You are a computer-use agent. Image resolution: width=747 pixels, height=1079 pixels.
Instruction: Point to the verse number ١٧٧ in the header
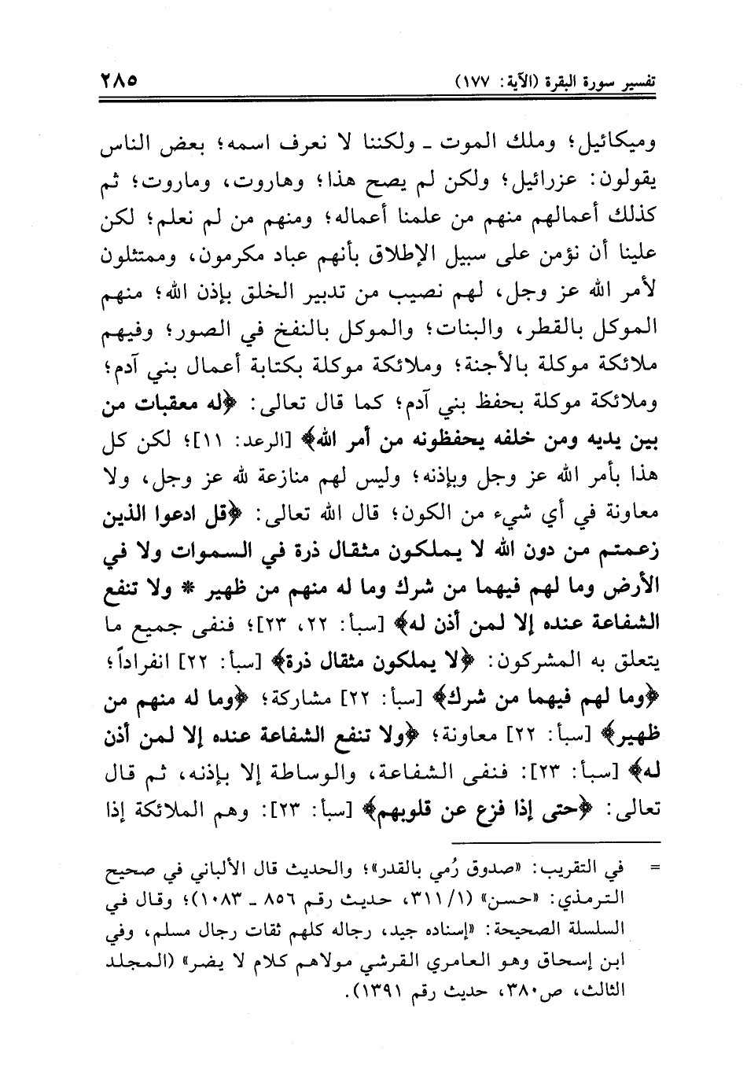click(x=473, y=81)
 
